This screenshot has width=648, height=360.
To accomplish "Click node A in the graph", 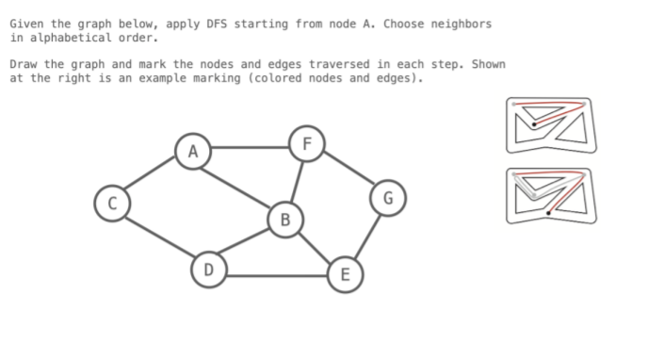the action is pos(193,150).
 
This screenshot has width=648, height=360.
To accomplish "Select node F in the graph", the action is pos(304,143).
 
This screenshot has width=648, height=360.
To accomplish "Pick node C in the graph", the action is pos(112,202).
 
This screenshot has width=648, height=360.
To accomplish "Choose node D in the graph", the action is pos(208,270).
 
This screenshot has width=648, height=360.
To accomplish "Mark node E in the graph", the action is pos(344,274).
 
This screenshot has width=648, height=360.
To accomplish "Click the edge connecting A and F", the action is pos(249,147).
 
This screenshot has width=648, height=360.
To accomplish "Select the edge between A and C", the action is pos(152,176).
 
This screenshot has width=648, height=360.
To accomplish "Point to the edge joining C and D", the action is pos(159,236).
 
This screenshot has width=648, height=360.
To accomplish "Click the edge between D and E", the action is pos(276,275).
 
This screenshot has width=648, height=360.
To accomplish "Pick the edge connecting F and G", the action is pos(347,171).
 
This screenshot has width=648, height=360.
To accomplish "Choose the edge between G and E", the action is pos(366,235).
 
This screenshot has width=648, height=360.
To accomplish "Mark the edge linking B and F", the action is pos(296,180).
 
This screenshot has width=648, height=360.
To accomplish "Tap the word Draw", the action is pos(24,64).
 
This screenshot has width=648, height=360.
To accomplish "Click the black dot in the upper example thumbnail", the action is pos(534,124).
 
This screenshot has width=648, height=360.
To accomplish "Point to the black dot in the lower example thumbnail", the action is pos(548,213).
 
